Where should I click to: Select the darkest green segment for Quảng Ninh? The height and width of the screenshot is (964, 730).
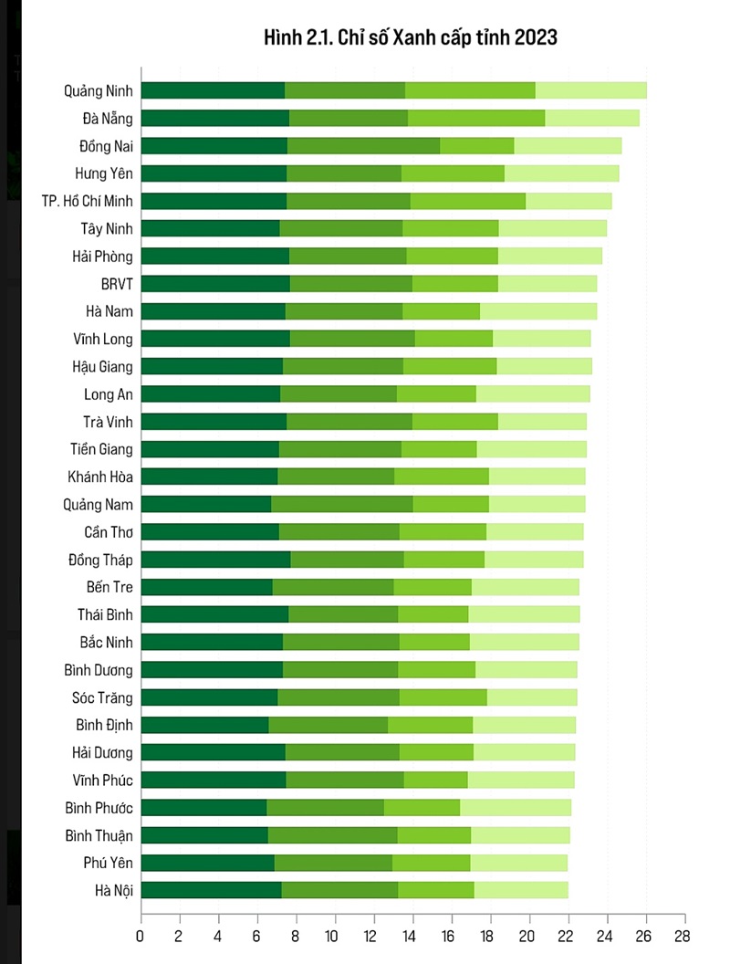[x=213, y=90]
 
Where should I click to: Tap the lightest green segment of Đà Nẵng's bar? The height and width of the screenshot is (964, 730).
[x=591, y=118]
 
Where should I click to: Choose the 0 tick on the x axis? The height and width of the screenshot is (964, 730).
[x=140, y=936]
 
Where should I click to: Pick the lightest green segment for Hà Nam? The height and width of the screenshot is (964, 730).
[x=538, y=311]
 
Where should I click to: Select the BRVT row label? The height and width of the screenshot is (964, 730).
[x=117, y=283]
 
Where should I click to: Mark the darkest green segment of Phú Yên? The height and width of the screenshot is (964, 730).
[x=208, y=863]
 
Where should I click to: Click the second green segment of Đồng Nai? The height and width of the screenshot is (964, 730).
[x=363, y=145]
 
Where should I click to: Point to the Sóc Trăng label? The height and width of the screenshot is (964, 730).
[x=102, y=697]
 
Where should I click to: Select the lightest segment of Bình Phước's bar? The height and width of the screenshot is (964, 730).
[x=516, y=808]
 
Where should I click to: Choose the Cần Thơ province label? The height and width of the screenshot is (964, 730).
[x=108, y=532]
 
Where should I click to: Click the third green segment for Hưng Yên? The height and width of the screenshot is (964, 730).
[x=453, y=173]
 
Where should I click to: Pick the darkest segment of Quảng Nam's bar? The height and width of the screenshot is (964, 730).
[x=206, y=504]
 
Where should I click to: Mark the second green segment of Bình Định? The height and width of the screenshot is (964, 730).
[x=328, y=725]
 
